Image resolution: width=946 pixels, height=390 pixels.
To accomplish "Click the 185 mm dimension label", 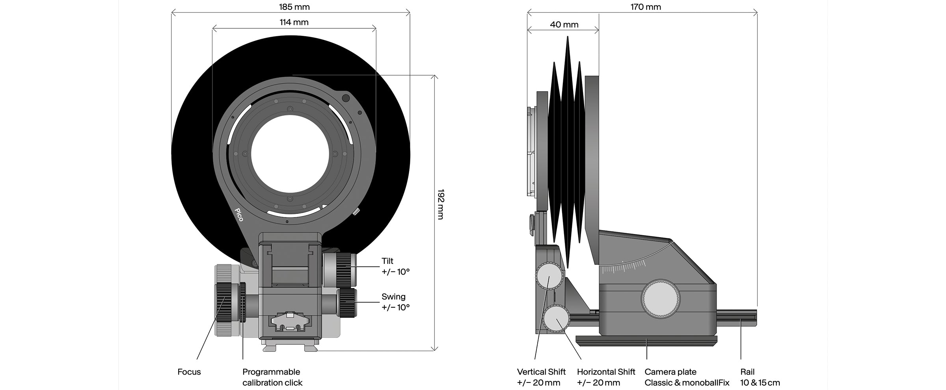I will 294,7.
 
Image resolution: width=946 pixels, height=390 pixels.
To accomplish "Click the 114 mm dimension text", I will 294,22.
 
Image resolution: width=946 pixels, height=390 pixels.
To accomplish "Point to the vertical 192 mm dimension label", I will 440,204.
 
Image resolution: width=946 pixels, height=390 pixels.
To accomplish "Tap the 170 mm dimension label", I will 646,7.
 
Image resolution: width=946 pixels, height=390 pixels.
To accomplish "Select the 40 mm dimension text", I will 564,24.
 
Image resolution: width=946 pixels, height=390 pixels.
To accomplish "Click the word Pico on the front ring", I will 239,215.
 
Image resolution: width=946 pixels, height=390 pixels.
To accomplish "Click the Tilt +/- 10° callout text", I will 395,266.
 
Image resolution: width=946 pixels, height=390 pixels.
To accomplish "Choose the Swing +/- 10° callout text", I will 395,302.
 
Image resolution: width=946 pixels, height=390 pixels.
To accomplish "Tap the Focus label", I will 189,372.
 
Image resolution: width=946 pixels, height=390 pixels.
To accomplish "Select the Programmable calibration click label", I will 272,377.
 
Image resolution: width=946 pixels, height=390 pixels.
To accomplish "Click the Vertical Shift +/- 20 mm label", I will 541,377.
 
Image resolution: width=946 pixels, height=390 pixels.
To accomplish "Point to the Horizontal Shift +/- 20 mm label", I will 606,377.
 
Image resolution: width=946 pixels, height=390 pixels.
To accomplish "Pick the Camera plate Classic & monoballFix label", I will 687,377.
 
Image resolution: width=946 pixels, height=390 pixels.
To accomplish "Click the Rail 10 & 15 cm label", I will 760,377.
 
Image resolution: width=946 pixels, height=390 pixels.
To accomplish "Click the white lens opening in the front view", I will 290,154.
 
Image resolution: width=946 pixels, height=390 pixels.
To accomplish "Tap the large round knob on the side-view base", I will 661,299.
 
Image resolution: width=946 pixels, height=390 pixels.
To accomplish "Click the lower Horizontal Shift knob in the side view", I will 556,319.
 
